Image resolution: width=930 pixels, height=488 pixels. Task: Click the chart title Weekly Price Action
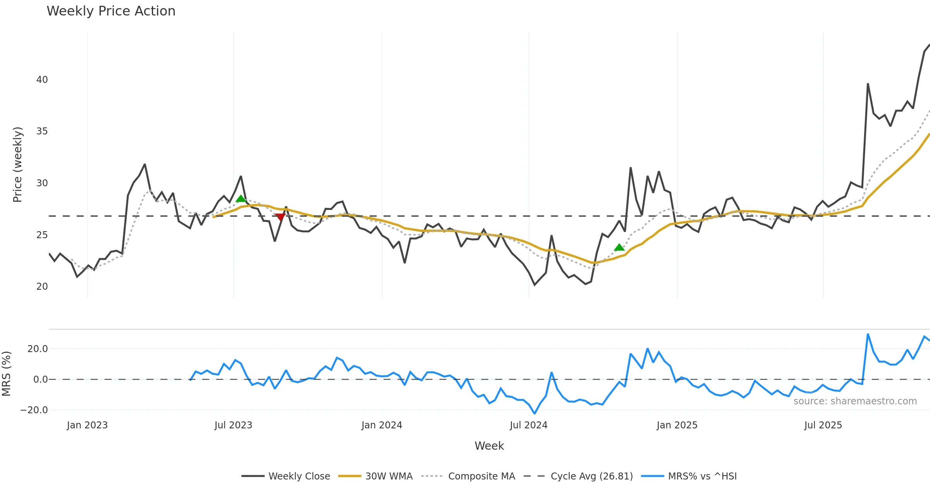coord(111,11)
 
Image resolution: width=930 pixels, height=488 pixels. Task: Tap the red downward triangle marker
coord(280,217)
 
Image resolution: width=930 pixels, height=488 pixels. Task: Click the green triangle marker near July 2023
coord(241,199)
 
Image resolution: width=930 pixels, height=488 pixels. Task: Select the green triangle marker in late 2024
coord(619,247)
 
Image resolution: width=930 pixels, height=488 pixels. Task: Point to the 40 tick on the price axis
coord(42,80)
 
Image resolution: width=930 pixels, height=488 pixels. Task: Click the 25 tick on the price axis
coord(42,235)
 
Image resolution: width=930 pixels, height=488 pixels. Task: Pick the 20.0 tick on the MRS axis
coord(38,349)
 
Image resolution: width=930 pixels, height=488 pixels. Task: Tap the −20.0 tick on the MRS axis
coord(34,410)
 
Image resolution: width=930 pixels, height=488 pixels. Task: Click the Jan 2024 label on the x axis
coord(382,425)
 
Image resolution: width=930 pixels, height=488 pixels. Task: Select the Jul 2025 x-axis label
coord(823,425)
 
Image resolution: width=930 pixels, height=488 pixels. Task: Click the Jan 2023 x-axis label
coord(87,425)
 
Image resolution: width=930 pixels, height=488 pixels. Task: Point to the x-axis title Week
coord(489,446)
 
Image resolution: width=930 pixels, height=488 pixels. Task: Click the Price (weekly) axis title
coord(18,165)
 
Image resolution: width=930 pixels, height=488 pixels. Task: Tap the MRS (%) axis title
coord(6,374)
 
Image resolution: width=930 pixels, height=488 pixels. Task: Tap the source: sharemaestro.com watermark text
coord(855,401)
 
